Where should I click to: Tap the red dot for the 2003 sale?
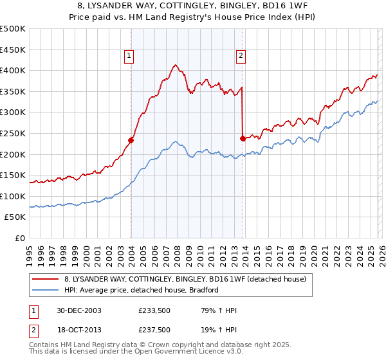click(x=131, y=139)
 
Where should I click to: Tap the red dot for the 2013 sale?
click(x=243, y=138)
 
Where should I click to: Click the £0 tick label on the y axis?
click(x=20, y=238)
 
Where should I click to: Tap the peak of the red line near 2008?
click(x=174, y=64)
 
